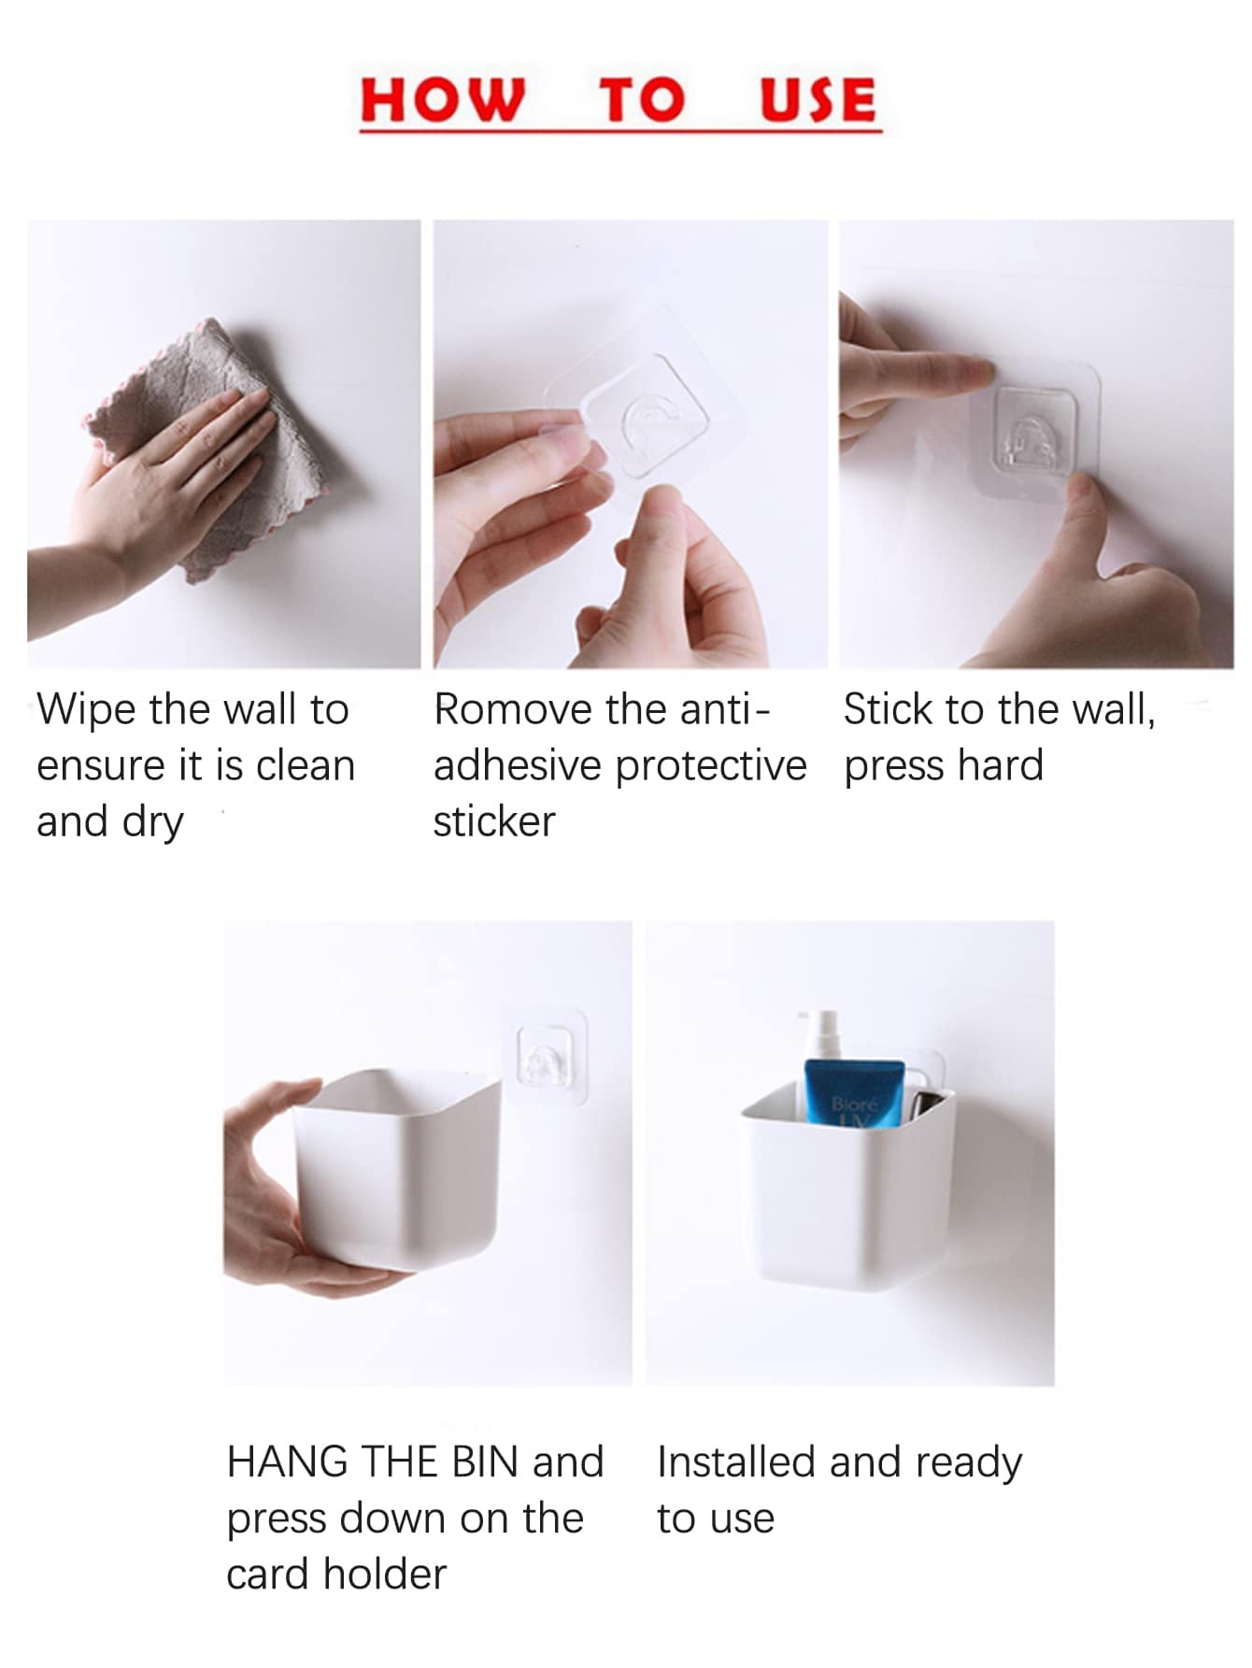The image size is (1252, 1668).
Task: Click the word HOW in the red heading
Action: point(443,99)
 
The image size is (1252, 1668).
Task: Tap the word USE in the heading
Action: point(818,99)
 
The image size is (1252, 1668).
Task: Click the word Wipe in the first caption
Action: point(87,710)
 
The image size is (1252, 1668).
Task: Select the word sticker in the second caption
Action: point(494,821)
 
